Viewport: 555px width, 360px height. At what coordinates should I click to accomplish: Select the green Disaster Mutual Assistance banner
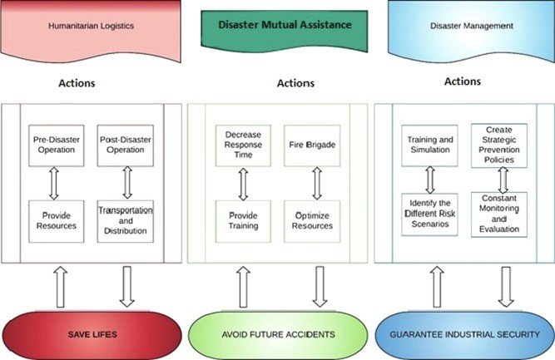point(277,26)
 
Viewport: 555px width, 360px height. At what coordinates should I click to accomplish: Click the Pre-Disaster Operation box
point(57,145)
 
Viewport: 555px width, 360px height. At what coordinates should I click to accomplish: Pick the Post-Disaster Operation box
point(126,145)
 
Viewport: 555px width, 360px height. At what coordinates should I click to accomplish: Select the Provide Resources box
point(57,220)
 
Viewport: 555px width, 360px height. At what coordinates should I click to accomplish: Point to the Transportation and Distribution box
point(126,220)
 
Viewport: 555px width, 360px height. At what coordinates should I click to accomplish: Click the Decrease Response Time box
point(243,145)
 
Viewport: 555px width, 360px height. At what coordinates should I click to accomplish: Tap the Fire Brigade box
point(312,145)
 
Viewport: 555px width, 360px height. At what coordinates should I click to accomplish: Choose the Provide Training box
point(243,220)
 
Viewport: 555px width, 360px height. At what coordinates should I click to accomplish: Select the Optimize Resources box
point(312,220)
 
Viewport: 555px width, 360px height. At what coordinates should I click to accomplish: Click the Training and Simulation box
point(430,145)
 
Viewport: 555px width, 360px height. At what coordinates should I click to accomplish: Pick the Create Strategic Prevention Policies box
point(499,145)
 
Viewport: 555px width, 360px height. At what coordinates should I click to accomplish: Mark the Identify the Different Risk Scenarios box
point(430,214)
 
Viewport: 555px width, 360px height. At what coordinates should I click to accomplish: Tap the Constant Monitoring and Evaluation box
point(499,214)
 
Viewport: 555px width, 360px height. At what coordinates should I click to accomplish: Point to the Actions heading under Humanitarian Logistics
point(77,84)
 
